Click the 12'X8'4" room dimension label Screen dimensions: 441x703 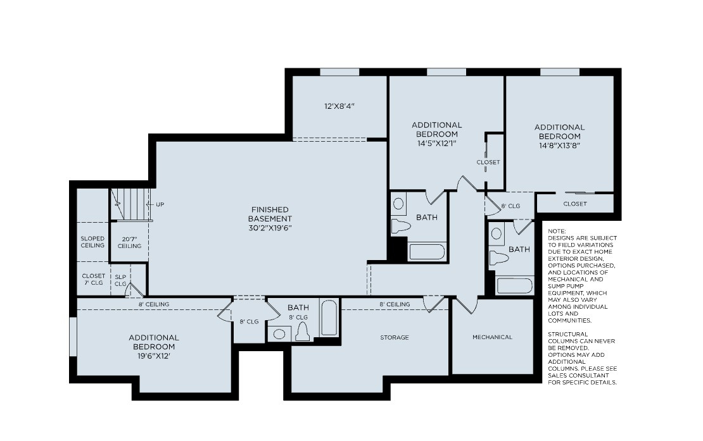339,106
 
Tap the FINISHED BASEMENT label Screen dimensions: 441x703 270,218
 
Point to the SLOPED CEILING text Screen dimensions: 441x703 92,242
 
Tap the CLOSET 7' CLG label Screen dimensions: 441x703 93,280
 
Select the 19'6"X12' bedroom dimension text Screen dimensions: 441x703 154,356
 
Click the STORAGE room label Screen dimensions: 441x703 394,338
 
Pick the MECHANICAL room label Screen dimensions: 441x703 492,337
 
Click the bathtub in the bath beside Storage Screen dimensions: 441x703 329,318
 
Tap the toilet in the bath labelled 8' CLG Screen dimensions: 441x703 302,332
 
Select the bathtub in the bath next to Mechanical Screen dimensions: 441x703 514,285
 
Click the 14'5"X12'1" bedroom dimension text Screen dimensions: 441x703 436,144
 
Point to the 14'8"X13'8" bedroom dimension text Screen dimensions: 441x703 559,145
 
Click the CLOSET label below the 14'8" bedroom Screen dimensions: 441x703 574,204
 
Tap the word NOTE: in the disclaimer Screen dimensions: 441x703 557,232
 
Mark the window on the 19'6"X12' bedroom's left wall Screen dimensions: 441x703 73,345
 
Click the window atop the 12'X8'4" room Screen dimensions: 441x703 339,72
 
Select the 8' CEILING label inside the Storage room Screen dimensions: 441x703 395,304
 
